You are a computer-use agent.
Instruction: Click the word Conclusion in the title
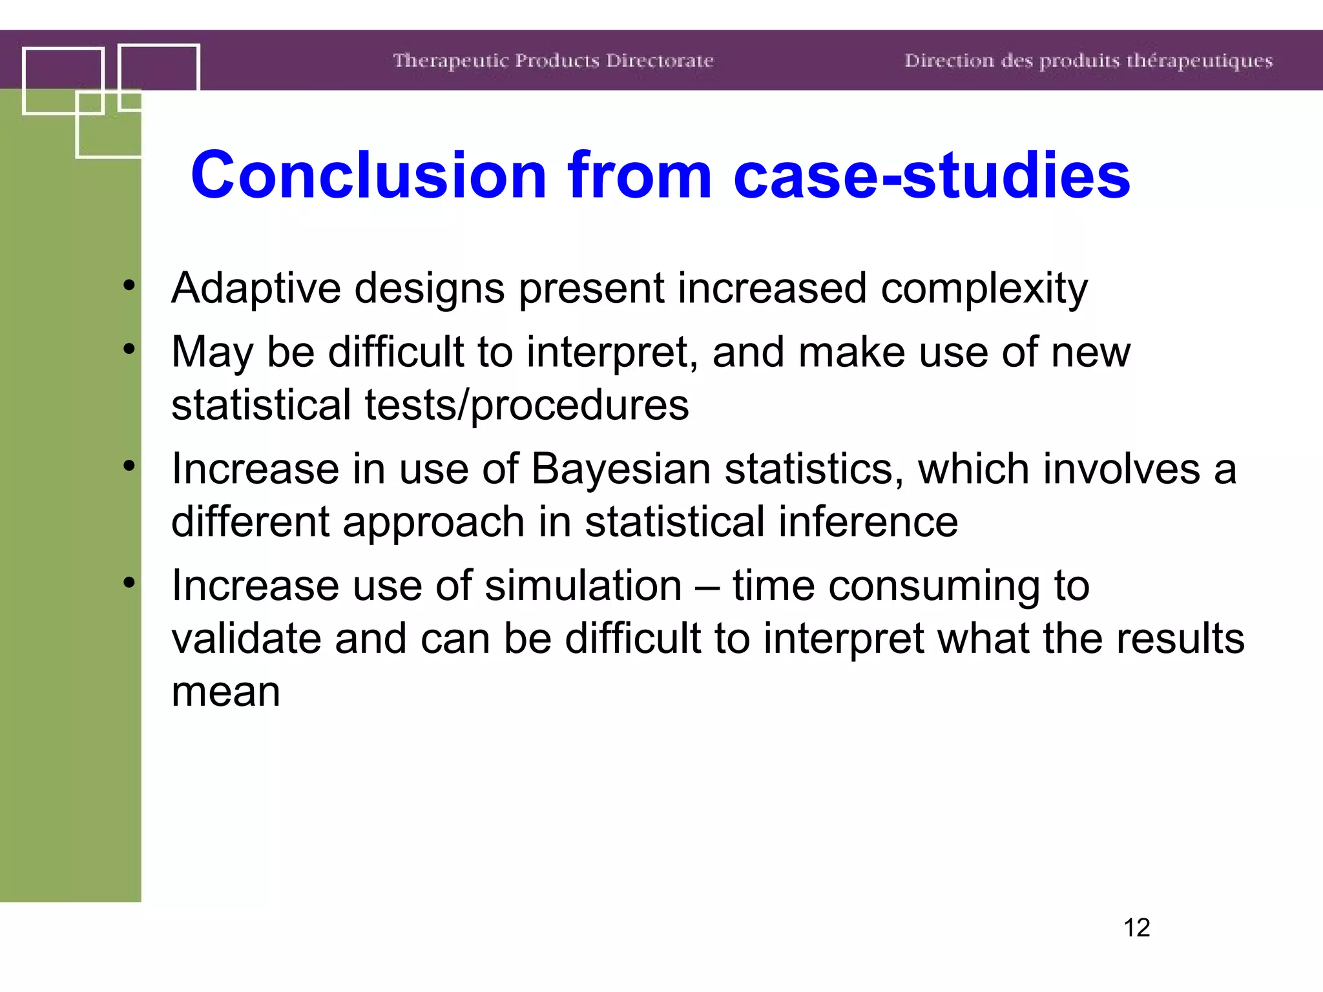pos(369,175)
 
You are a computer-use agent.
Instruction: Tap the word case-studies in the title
pos(932,175)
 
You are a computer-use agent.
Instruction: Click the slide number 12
pos(1136,927)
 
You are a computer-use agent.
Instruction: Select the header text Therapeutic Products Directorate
pos(553,61)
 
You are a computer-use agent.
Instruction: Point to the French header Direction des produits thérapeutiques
pos(1088,61)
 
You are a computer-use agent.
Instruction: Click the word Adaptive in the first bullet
pos(256,288)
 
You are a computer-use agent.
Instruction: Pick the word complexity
pos(984,289)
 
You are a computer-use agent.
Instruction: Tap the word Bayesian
pos(620,470)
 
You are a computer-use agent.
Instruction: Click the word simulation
pos(583,586)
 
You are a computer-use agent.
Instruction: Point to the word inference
pos(868,522)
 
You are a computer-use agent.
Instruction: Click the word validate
pos(246,639)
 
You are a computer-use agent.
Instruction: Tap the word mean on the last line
pos(225,692)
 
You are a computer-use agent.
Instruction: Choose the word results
pos(1180,639)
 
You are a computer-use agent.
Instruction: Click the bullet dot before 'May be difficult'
pos(129,349)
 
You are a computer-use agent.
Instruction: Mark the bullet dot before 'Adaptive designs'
pos(129,284)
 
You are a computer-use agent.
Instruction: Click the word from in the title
pos(640,175)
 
